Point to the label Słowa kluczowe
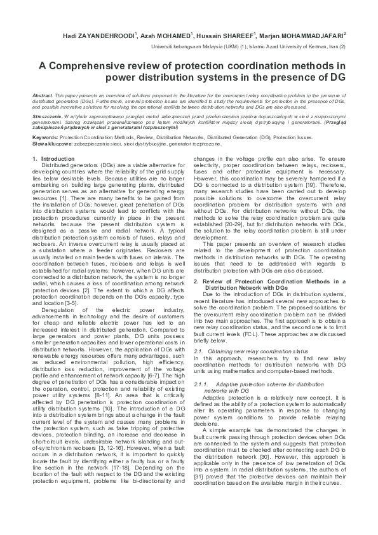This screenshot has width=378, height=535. pos(51,144)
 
